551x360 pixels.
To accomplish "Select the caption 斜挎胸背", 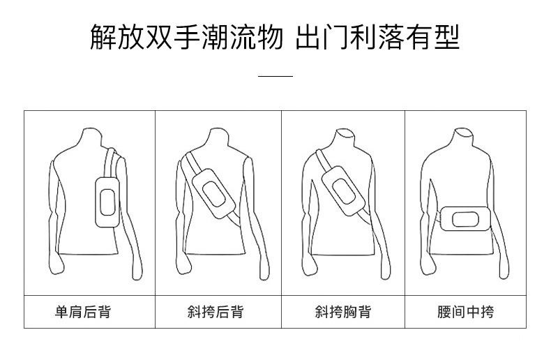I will (342, 312).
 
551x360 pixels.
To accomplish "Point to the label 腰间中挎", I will (465, 312).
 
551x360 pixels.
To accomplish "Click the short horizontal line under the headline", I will (275, 75).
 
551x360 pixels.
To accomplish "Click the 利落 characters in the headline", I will (384, 37).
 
